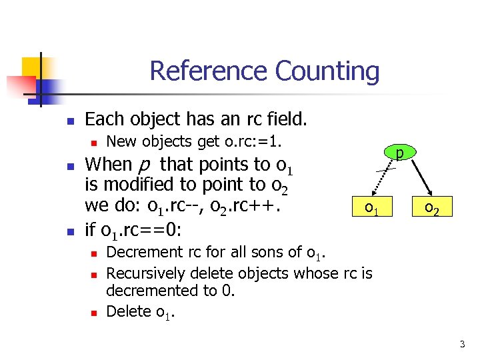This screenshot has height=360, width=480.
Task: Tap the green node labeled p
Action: click(399, 155)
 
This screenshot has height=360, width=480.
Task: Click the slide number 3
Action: click(461, 344)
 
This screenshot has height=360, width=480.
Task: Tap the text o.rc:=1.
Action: click(255, 141)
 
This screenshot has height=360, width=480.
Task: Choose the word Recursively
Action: click(146, 273)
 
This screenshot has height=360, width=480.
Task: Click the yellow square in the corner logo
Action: click(32, 67)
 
